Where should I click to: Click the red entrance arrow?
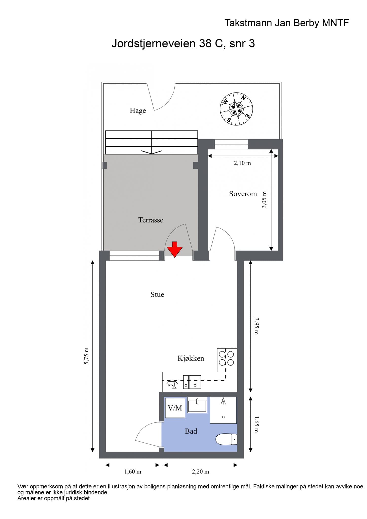coord(174,249)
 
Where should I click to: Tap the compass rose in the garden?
coord(236,109)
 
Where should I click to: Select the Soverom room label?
coord(243,194)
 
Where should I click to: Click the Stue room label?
coord(157,294)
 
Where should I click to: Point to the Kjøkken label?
coord(191,358)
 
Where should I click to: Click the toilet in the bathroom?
coord(226,439)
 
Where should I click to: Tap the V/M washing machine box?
coord(175,408)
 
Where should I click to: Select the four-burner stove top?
coord(227,358)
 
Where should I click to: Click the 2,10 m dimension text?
coord(242,163)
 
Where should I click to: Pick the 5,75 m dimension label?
coord(87,356)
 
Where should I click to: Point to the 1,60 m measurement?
coord(133,472)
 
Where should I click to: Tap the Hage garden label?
coord(138,111)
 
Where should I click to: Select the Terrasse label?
coord(151,220)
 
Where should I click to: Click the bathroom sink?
coord(197,405)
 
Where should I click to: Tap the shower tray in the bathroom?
coord(223,410)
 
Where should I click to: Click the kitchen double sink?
coord(192,382)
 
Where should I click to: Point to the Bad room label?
coord(191,431)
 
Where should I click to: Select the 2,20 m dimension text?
coord(200,472)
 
